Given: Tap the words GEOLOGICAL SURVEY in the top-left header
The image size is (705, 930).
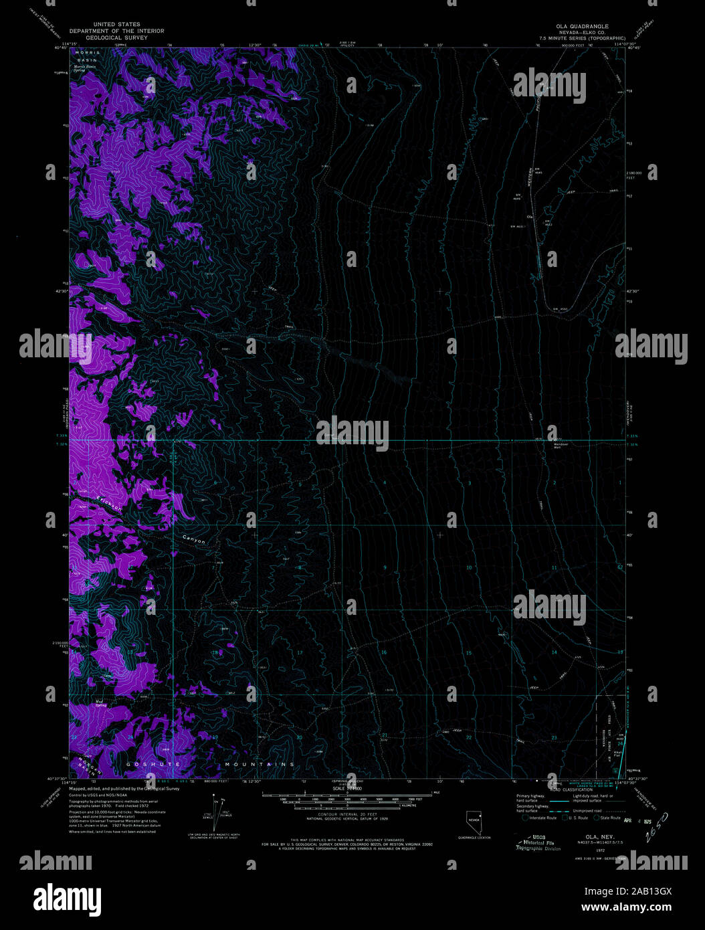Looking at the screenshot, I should pos(117,37).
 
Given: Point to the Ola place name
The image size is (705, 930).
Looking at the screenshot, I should pos(530,217).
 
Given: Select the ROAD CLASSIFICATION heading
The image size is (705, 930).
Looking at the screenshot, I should pos(569,790).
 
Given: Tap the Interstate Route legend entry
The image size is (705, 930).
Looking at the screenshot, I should pos(542,818).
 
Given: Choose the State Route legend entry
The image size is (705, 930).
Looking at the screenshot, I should pos(609,818).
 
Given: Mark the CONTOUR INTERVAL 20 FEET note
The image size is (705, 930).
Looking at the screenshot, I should pos(347,815).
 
